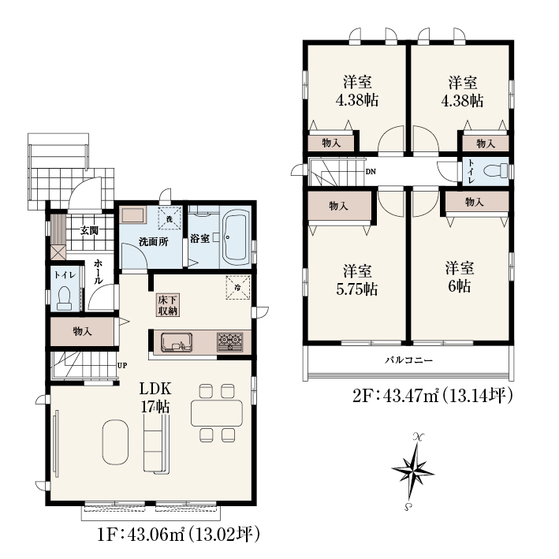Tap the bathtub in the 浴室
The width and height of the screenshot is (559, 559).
[237, 237]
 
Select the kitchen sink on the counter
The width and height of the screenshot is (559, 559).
[177, 343]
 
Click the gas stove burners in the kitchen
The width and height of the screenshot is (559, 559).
[230, 342]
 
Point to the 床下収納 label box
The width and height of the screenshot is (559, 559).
[168, 305]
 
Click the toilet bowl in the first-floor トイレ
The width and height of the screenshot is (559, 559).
[64, 298]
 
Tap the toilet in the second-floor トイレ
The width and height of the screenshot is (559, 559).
[496, 170]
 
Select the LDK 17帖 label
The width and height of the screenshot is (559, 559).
[155, 397]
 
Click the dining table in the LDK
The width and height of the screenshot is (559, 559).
[217, 413]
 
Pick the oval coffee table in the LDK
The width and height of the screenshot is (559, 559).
[115, 442]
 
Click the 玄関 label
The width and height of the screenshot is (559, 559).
[89, 231]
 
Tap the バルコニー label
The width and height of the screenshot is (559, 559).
[408, 360]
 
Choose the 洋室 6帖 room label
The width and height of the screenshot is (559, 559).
[460, 277]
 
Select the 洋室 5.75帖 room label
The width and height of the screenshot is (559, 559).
[357, 280]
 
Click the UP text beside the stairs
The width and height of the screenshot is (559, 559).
[122, 365]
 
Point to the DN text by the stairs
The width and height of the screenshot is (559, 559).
[371, 171]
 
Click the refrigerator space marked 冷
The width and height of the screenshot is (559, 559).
[238, 287]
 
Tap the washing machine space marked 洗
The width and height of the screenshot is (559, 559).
[170, 218]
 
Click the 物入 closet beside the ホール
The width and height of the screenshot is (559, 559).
[82, 331]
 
